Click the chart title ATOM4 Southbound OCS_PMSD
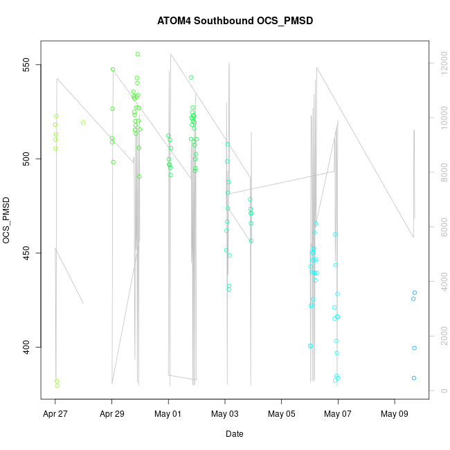235,21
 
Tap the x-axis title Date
234,434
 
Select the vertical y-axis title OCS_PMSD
8,221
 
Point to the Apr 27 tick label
55,415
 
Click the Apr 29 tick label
112,415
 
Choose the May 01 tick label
168,415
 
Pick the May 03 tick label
225,415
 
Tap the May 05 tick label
282,415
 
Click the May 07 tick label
338,415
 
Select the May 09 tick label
395,415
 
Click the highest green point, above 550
138,54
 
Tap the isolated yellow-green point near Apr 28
83,123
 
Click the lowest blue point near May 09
414,378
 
